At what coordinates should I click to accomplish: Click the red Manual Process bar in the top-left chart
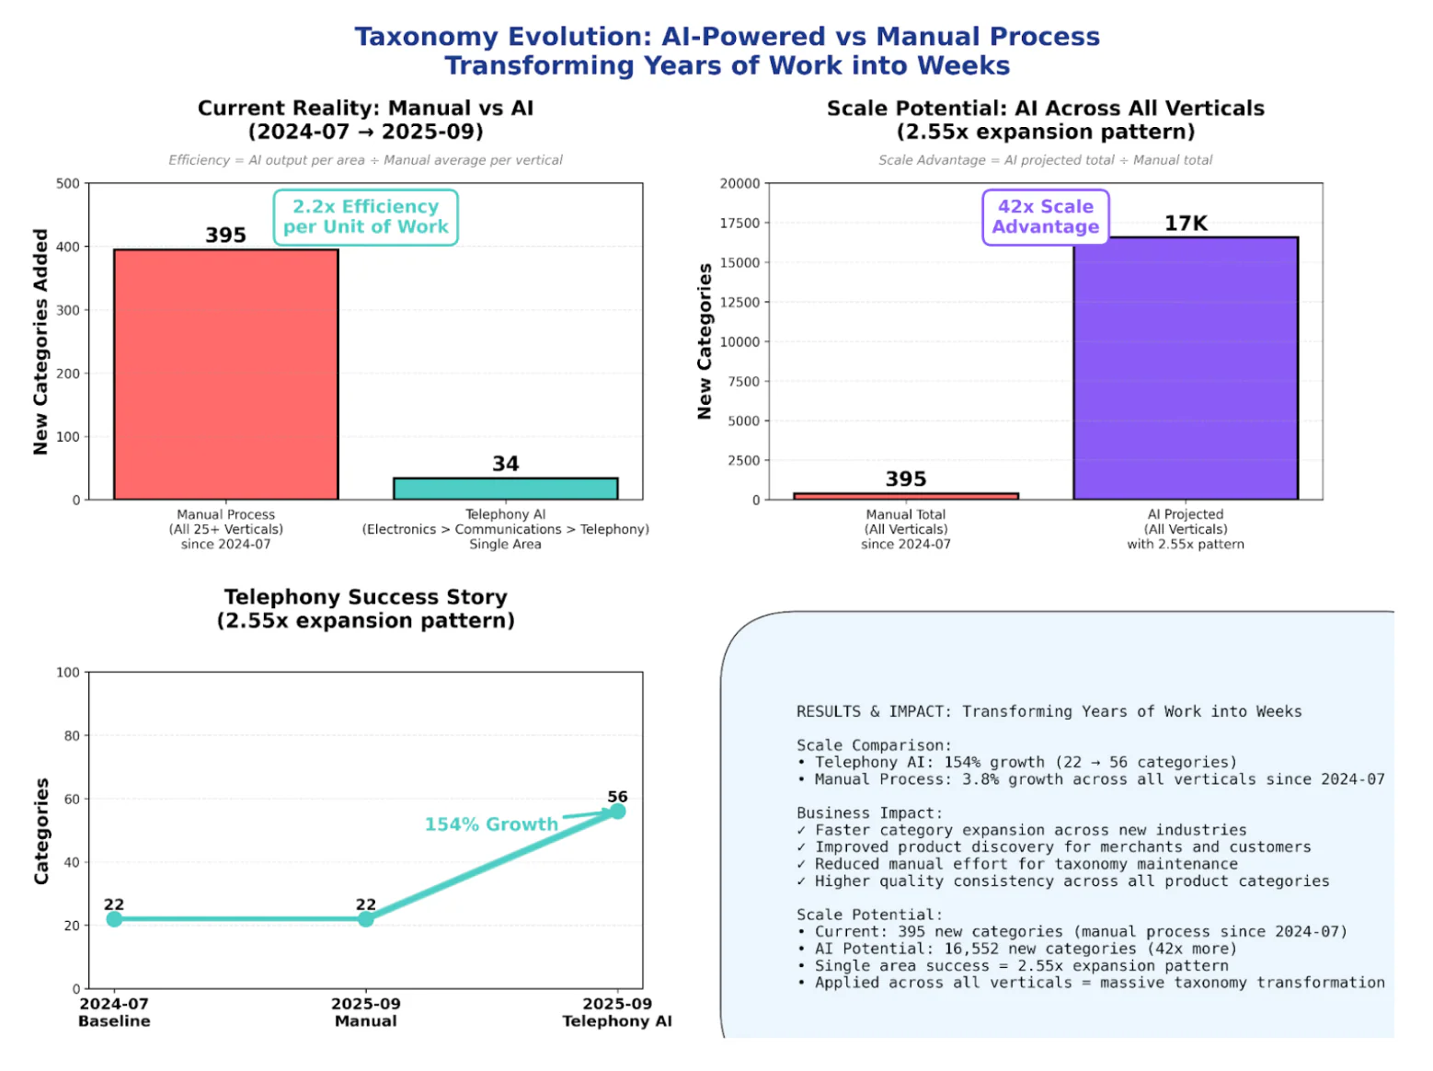pos(225,374)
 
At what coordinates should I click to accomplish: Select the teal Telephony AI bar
pos(505,489)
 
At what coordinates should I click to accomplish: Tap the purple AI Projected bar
pos(1185,368)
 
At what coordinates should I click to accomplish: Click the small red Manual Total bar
pos(905,496)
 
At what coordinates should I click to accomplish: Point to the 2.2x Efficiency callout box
pos(365,217)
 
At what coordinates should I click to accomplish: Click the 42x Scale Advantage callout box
pos(1045,217)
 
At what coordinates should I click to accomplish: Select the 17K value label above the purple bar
pos(1185,224)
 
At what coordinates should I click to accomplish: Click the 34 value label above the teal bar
pos(505,464)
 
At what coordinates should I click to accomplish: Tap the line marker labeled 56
pos(617,811)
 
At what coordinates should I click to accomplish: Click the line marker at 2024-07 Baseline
pos(114,919)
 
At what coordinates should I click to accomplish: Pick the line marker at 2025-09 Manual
pos(365,919)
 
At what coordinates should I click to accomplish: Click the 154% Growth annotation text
pos(491,824)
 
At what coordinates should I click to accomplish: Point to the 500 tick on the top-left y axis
pos(68,183)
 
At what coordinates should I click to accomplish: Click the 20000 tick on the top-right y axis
pos(739,183)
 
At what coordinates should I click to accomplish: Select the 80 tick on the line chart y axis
pos(72,735)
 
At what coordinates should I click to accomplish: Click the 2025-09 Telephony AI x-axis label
pos(617,1012)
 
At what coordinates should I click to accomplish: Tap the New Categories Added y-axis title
pos(40,341)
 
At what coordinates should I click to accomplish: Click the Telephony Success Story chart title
pos(365,608)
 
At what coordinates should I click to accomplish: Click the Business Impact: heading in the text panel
pos(869,812)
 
